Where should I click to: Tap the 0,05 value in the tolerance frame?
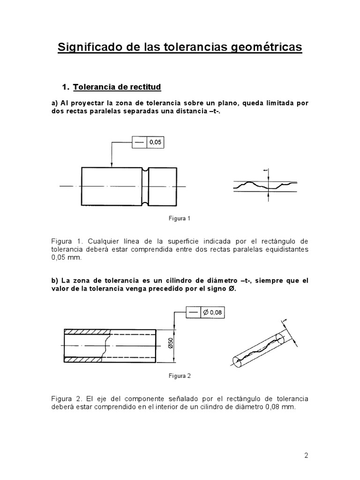click(156, 142)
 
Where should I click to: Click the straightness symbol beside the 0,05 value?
click(140, 142)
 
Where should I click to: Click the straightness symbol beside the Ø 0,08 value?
click(193, 312)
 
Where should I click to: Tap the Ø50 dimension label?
click(170, 345)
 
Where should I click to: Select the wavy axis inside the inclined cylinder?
click(258, 349)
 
